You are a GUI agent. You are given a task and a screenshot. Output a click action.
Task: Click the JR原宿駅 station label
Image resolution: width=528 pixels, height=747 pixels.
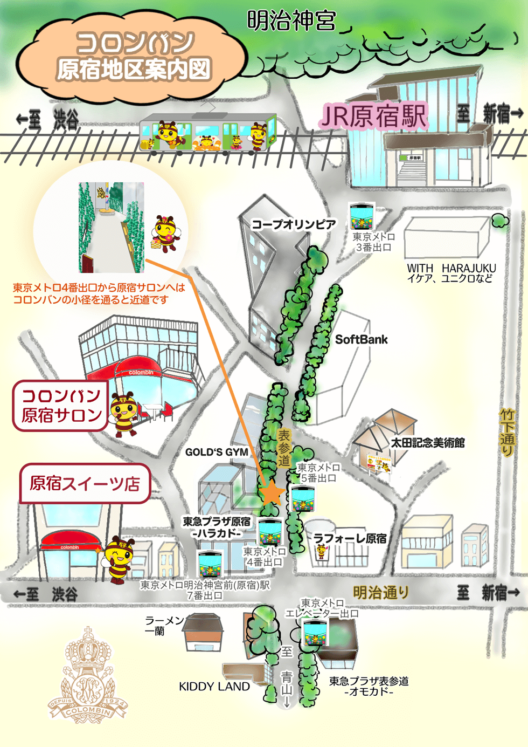pos(374,116)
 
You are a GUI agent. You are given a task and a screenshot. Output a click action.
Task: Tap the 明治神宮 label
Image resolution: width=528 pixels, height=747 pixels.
pos(291,21)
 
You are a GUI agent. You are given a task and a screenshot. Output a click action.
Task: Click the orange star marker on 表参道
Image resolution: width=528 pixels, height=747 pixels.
pos(272,493)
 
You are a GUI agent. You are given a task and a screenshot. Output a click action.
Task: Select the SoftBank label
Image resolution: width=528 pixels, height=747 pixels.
pos(361,340)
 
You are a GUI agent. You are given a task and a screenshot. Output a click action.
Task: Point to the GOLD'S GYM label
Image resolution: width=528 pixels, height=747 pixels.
pos(217,453)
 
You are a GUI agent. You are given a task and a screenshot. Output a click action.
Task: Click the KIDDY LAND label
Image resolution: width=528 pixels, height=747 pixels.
pos(214,687)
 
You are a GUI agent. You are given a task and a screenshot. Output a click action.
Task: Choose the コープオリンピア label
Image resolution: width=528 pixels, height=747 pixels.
pos(294,224)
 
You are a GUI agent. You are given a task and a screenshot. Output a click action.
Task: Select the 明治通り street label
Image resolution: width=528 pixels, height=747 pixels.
pos(380,593)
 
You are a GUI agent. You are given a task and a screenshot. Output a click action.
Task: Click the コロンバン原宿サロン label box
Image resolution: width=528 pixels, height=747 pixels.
pos(61,406)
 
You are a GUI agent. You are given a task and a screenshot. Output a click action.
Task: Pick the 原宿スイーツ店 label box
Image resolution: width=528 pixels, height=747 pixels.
pos(85,483)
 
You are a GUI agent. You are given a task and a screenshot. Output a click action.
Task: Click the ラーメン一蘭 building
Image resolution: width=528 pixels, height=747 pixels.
pos(204,633)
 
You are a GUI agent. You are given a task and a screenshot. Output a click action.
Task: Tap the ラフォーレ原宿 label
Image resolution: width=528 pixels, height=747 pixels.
pos(350,538)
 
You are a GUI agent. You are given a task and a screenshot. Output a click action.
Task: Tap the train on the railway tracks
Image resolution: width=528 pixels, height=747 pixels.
pos(208,133)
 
